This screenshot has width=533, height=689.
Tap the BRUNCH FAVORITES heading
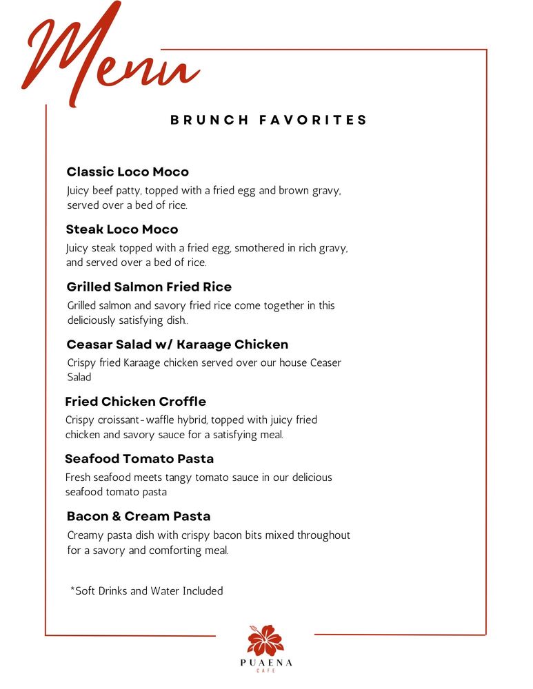(x=268, y=120)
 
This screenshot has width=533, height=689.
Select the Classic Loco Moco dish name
(x=128, y=172)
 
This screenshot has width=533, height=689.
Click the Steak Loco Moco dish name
(x=122, y=229)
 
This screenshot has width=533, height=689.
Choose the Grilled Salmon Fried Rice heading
(x=149, y=287)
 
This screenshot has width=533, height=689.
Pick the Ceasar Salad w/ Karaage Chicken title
(x=177, y=344)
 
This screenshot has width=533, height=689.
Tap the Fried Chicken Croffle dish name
(x=136, y=402)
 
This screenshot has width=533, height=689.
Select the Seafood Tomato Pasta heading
(x=139, y=459)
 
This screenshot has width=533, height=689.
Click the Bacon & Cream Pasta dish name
(x=139, y=516)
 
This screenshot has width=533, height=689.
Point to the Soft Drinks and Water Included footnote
(x=147, y=590)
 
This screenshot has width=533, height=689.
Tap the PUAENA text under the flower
(x=266, y=663)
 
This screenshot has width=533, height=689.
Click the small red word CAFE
(x=266, y=671)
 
